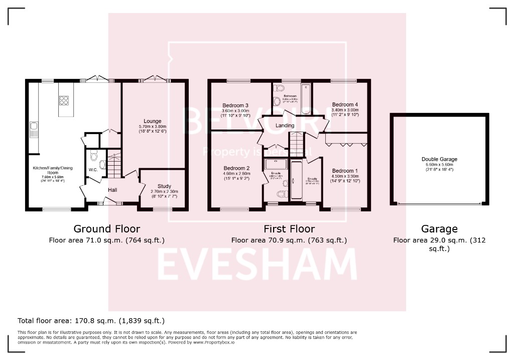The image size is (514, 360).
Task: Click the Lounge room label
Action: point(153,121)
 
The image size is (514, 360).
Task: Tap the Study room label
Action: point(164,186)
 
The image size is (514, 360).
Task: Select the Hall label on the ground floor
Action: point(112,190)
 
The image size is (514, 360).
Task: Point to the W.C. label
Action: point(93,170)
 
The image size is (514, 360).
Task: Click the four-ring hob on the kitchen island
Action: point(64,100)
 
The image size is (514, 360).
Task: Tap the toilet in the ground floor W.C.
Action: point(101,164)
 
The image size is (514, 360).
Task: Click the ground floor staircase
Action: point(115,166)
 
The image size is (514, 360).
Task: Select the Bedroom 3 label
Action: point(236,105)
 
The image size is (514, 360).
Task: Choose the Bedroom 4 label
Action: point(345,104)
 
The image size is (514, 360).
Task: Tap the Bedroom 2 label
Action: point(236,168)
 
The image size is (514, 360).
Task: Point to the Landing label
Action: point(285,126)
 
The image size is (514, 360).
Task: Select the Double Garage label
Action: point(439,159)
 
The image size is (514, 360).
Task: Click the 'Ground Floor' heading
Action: point(106,229)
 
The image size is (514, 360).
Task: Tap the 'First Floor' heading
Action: point(289,229)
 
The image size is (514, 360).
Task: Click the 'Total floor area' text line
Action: point(91,320)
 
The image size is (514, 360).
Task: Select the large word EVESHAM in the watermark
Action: point(257,265)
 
